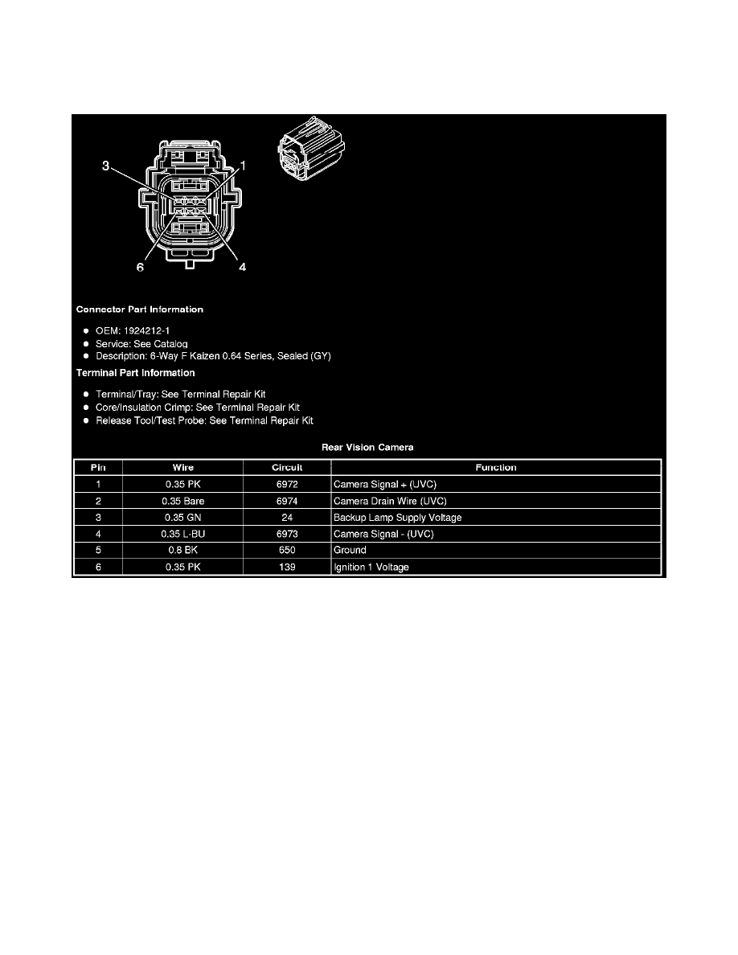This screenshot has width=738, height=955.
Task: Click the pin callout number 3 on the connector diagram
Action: click(x=105, y=166)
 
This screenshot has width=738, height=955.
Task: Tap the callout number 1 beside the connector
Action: click(x=243, y=165)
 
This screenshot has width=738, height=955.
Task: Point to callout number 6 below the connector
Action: click(x=140, y=268)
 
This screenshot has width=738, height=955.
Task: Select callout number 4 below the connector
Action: click(x=242, y=268)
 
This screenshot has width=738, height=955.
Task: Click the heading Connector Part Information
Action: click(x=139, y=309)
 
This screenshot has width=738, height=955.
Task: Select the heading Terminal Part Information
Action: click(x=135, y=373)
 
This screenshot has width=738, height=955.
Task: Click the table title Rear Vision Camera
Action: click(x=367, y=447)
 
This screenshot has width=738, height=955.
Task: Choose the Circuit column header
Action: click(x=286, y=467)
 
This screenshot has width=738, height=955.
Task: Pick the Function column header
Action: click(x=495, y=467)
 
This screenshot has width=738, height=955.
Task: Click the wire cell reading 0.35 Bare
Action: click(x=182, y=501)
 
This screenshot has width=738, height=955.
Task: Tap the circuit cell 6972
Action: click(x=286, y=484)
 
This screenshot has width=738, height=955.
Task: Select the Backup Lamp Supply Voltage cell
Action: click(x=397, y=518)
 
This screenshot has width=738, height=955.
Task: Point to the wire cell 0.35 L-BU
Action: click(x=182, y=534)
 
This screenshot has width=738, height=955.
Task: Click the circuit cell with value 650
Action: click(x=286, y=551)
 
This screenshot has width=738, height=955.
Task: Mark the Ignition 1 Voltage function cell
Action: click(x=371, y=568)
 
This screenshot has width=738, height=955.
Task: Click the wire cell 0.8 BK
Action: click(x=182, y=551)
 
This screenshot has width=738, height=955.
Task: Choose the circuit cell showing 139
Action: click(x=286, y=568)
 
